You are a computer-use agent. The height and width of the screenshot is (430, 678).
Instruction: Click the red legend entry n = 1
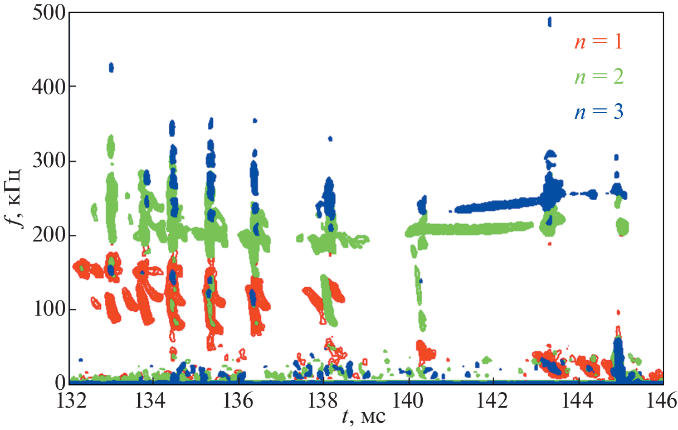pyautogui.click(x=598, y=42)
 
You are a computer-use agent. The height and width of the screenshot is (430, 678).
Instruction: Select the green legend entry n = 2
pyautogui.click(x=598, y=77)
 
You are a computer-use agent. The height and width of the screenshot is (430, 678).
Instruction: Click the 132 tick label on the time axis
pyautogui.click(x=69, y=400)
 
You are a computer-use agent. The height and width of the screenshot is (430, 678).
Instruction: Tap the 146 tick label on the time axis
pyautogui.click(x=661, y=400)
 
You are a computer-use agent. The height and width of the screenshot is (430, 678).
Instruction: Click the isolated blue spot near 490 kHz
pyautogui.click(x=549, y=22)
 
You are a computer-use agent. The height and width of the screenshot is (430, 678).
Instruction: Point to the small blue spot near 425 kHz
pyautogui.click(x=111, y=67)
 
